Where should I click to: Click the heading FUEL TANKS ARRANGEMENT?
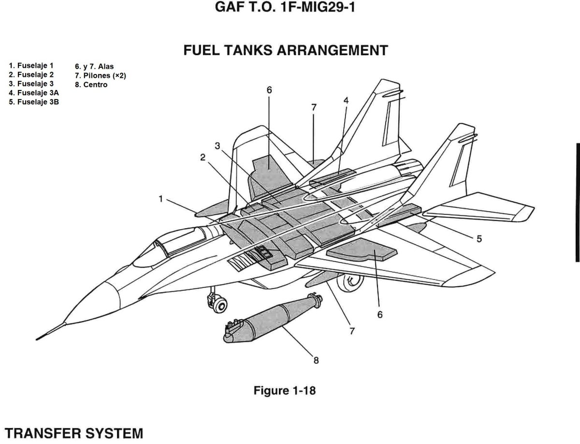click(x=286, y=50)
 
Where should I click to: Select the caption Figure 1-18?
click(x=285, y=390)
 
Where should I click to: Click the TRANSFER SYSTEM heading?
click(x=72, y=433)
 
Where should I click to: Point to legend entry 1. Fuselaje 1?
click(x=31, y=65)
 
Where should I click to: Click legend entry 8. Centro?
click(x=91, y=85)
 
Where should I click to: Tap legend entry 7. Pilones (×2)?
click(x=100, y=76)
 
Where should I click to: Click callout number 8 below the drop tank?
click(x=316, y=360)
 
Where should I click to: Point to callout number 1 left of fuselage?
click(x=160, y=199)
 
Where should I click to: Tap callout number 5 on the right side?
click(x=479, y=238)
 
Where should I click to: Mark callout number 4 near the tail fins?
click(x=346, y=100)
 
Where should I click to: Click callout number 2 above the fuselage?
click(x=203, y=157)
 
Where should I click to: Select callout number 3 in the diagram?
click(x=218, y=146)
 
